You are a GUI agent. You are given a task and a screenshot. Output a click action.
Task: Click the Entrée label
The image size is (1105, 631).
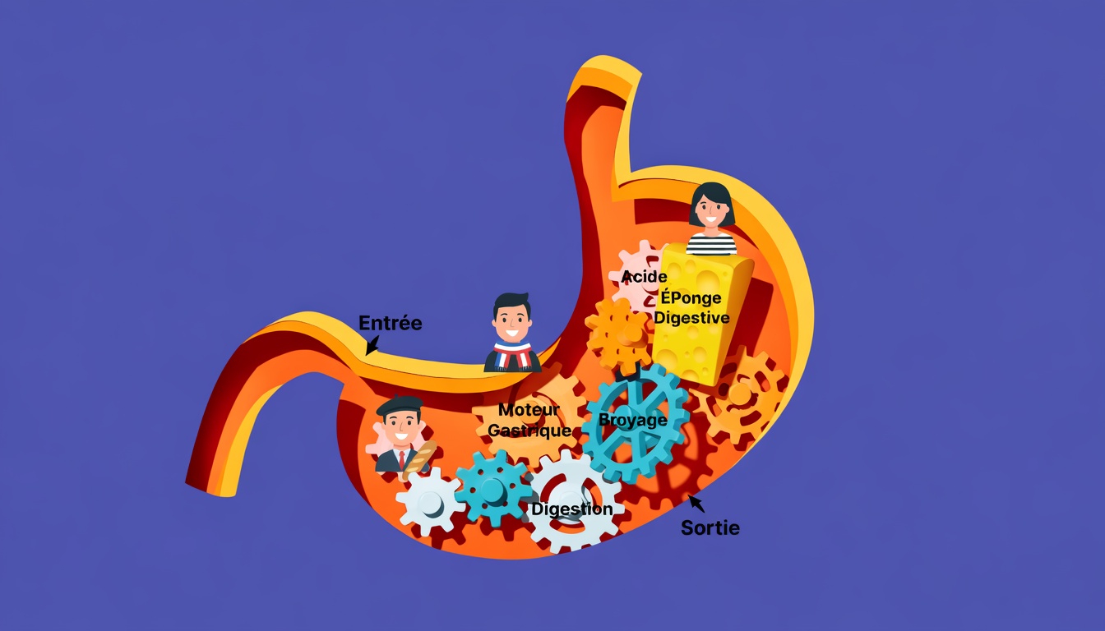(391, 323)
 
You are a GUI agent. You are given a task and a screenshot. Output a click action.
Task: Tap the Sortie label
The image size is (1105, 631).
(710, 527)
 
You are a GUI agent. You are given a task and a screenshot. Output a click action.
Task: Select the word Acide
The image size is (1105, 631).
(644, 276)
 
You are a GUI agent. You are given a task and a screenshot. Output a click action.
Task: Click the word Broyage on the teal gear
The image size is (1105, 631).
(632, 420)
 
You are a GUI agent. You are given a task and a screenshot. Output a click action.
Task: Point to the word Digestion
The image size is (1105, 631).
(571, 509)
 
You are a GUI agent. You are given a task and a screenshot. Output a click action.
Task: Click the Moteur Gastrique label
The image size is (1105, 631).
(529, 420)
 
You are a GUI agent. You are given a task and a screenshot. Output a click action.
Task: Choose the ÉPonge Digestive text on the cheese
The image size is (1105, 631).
(691, 308)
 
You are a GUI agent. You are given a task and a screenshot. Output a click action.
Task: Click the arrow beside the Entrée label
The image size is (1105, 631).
(372, 346)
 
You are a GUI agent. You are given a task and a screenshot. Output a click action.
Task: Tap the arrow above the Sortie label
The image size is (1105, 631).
(696, 502)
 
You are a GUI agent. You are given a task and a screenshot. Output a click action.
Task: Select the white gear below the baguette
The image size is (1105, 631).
(429, 501)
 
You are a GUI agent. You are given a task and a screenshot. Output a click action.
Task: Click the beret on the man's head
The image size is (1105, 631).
(400, 405)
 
